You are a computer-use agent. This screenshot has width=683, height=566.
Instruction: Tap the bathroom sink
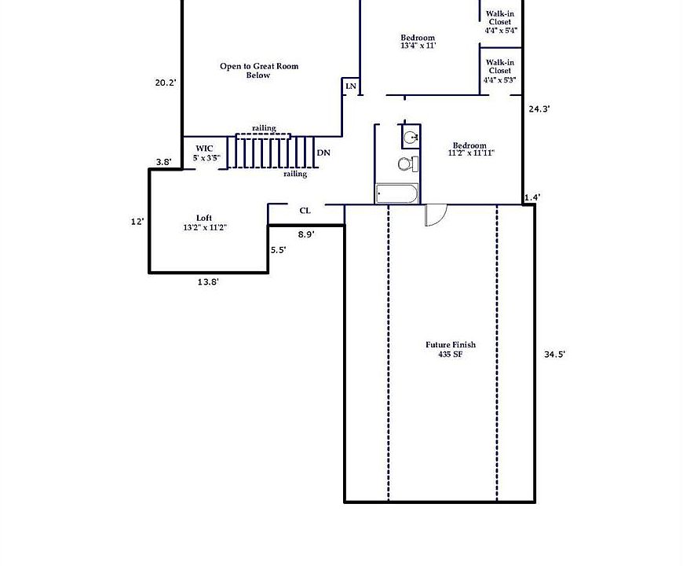tap(411, 138)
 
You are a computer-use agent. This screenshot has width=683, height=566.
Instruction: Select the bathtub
tap(396, 193)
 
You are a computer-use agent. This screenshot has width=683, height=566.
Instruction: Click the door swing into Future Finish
tap(436, 215)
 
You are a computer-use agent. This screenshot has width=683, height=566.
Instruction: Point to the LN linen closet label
tap(351, 86)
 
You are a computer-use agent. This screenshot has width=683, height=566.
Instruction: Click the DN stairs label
tap(323, 153)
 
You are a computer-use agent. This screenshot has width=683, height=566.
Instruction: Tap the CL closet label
tap(305, 211)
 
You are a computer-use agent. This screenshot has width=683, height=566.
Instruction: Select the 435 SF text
tap(451, 355)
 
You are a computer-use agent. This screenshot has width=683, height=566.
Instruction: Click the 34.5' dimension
tap(554, 355)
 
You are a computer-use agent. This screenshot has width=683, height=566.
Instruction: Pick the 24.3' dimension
tap(539, 109)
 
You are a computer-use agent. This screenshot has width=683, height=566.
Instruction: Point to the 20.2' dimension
tap(166, 83)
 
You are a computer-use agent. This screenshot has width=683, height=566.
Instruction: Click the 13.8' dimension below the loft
tap(208, 282)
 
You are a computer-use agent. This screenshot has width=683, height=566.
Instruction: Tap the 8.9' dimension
tap(306, 234)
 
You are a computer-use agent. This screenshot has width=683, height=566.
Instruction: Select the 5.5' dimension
tap(279, 250)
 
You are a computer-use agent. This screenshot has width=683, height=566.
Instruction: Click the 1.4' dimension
tap(532, 197)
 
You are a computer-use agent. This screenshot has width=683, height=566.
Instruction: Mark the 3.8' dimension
tap(164, 162)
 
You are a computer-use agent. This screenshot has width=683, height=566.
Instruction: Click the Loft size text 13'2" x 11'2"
tap(205, 227)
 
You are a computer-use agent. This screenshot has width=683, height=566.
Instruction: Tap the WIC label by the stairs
tap(204, 149)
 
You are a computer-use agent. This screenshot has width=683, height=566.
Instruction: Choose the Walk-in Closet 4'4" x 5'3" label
tap(499, 71)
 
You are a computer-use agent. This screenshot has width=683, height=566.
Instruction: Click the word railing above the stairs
tap(264, 128)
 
